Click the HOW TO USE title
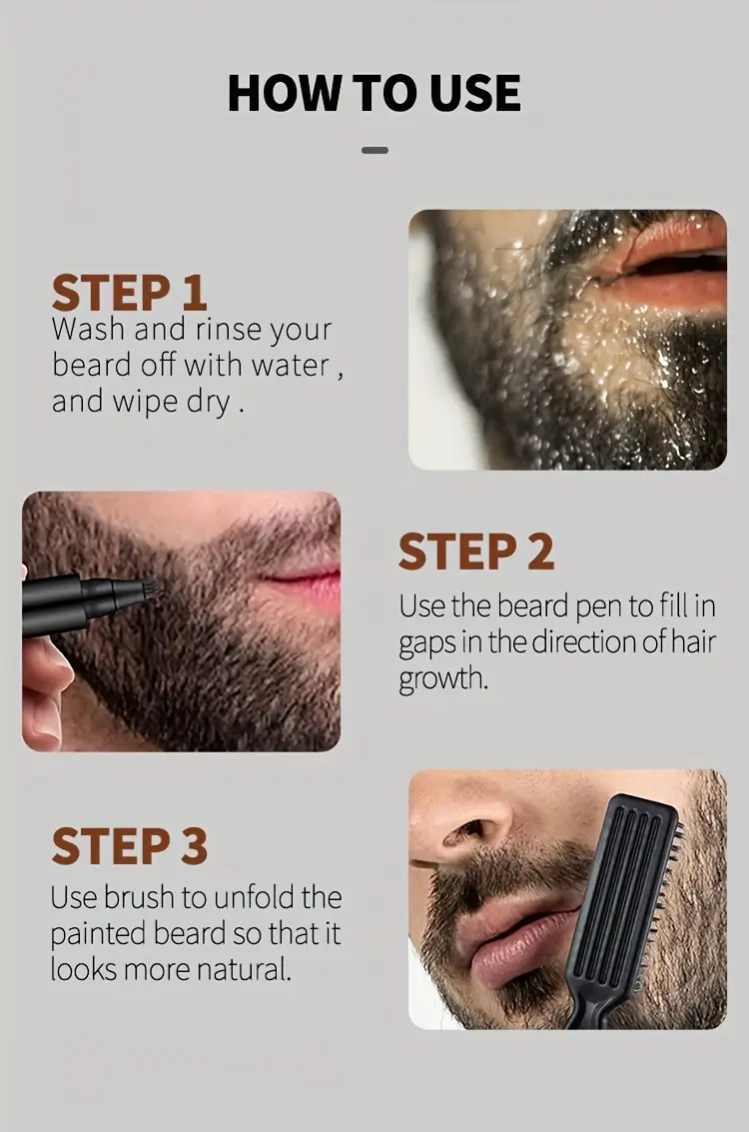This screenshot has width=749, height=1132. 374,92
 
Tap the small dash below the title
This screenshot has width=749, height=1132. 374,150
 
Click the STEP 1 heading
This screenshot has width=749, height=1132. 129,293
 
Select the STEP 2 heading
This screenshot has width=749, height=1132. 475,552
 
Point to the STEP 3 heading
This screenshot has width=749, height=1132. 129,845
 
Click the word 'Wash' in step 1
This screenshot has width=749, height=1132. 88,329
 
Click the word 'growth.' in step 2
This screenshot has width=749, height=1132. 443,679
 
